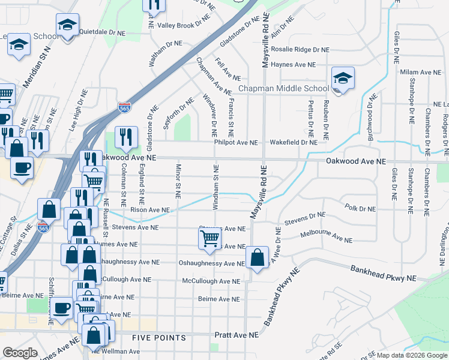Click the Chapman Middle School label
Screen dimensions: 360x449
283,89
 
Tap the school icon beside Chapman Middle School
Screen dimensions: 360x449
343,79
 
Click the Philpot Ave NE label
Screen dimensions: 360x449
235,143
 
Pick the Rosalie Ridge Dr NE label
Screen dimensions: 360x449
301,50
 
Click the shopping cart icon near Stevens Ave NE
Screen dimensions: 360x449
209,238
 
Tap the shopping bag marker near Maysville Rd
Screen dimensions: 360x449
257,258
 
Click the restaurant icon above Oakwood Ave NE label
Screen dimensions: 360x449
127,137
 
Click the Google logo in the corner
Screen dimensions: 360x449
20,353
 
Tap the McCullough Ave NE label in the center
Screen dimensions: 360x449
212,281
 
